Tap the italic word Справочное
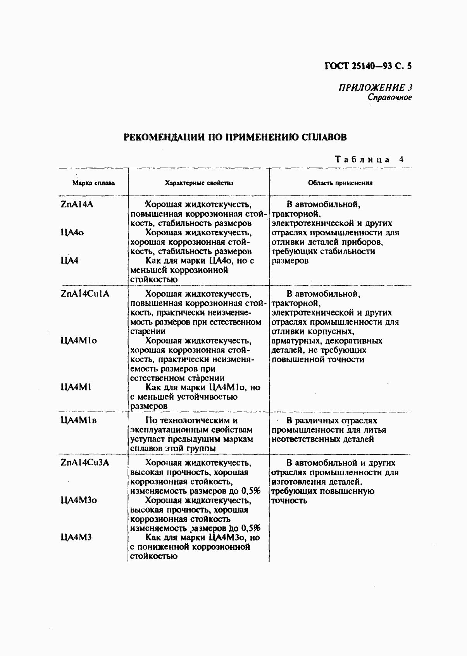(389, 97)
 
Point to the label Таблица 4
(369, 159)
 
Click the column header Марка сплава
(93, 183)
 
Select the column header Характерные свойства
(199, 183)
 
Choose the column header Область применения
(340, 183)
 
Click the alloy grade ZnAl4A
(77, 205)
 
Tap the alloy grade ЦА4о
(72, 233)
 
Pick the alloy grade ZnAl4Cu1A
(85, 294)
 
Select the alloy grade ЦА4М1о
(79, 341)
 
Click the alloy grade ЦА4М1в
(79, 421)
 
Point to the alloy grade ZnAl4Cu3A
(85, 463)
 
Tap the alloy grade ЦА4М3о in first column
(79, 501)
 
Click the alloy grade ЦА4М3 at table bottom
(76, 538)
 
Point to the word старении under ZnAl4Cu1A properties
(148, 331)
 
